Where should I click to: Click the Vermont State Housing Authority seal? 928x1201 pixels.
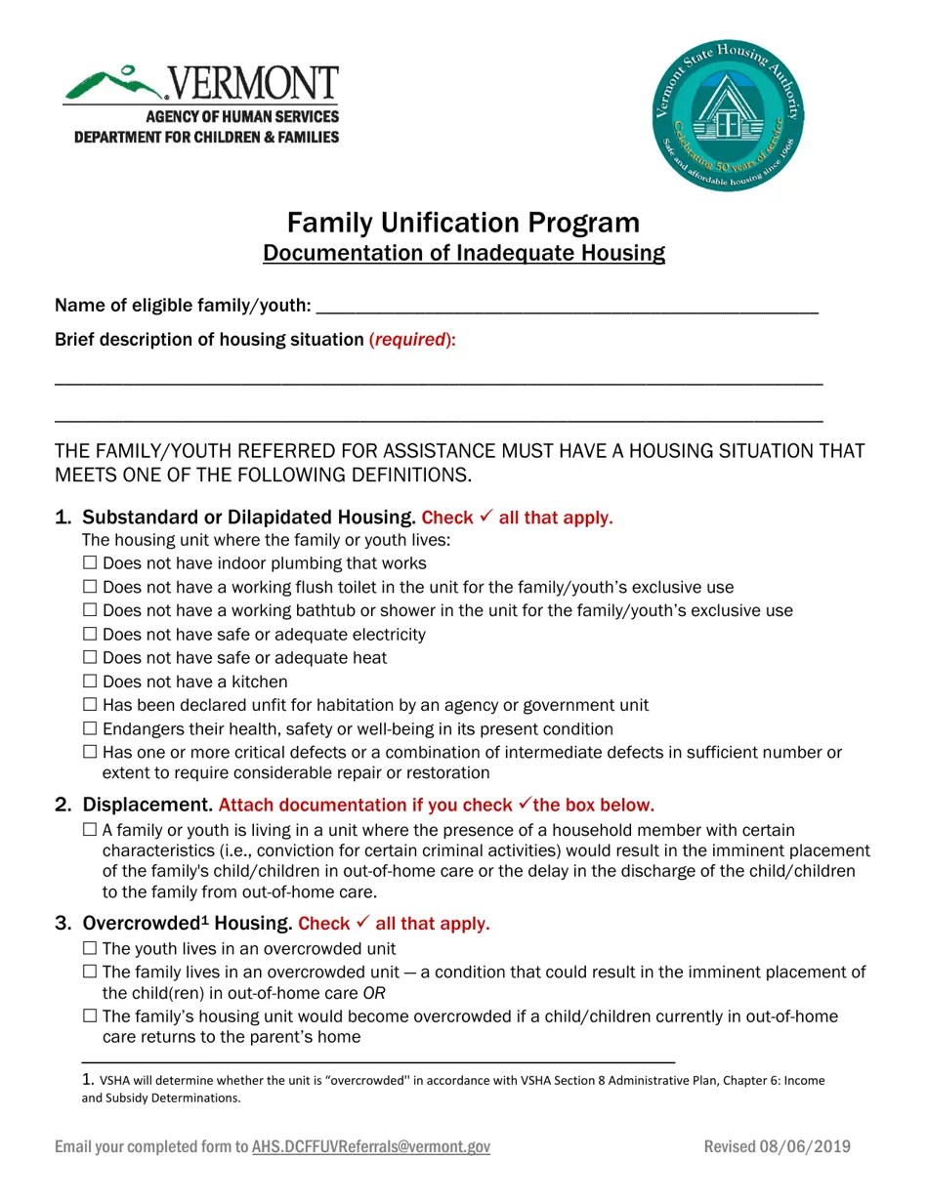tap(728, 115)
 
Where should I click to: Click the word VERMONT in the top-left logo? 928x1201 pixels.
tap(253, 85)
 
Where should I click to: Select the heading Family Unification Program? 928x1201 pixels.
tap(463, 223)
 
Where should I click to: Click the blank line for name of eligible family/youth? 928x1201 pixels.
tap(567, 307)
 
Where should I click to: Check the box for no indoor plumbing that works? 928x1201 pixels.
tap(90, 563)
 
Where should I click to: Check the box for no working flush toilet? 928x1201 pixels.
tap(90, 587)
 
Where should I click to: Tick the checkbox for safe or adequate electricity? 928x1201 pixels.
tap(90, 635)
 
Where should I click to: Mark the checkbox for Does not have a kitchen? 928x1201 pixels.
tap(90, 682)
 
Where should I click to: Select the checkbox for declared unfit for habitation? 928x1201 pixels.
tap(90, 705)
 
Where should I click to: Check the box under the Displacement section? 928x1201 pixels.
tap(90, 831)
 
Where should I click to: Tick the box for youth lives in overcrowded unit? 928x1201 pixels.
tap(90, 949)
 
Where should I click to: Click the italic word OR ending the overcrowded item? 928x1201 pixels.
tap(374, 994)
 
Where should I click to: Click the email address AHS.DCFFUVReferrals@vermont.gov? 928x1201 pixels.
tap(371, 1147)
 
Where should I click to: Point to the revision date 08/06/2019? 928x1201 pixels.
tap(810, 1147)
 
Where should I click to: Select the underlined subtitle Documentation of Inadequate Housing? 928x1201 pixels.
tap(463, 254)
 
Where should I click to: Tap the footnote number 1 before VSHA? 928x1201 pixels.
tap(87, 1080)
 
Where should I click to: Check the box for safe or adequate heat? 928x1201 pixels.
tap(90, 658)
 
